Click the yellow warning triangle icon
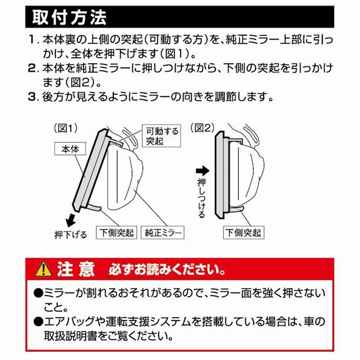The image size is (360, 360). (x=44, y=269)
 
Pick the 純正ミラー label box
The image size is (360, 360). (x=163, y=233)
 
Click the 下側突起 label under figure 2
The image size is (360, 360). (x=243, y=233)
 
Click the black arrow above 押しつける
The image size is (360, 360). (x=203, y=171)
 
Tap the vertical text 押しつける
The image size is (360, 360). (x=202, y=198)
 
